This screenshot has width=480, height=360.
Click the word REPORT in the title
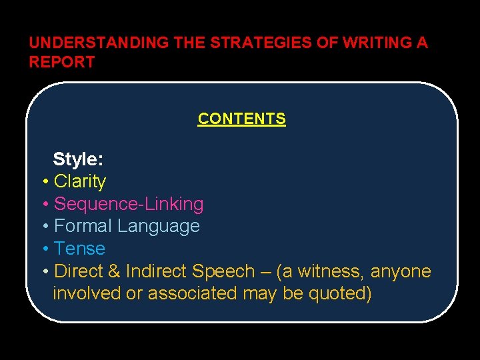click(62, 62)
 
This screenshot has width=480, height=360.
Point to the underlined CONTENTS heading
click(241, 119)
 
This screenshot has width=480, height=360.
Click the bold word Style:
click(78, 159)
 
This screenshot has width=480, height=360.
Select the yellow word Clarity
click(80, 181)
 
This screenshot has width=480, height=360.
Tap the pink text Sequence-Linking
click(129, 204)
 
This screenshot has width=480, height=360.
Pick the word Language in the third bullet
click(159, 227)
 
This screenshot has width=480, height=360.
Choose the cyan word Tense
click(79, 249)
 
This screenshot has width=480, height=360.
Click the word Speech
click(223, 271)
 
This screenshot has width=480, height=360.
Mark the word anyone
click(401, 271)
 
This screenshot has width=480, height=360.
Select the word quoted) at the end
click(340, 293)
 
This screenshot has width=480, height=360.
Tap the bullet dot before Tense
click(44, 249)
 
